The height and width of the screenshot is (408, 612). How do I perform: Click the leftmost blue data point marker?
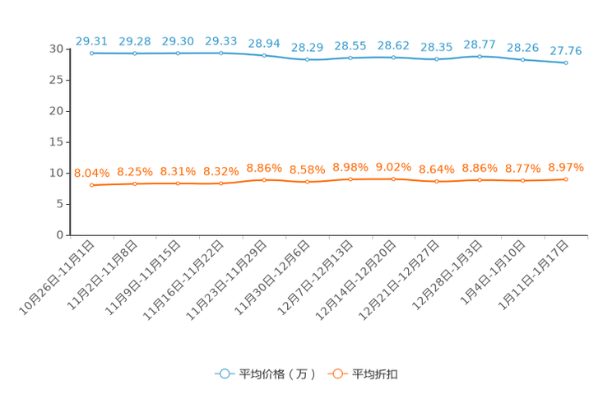[x=92, y=53]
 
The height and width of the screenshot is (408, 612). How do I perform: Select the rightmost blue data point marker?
[x=566, y=63]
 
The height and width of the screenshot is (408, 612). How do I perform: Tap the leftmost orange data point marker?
[x=92, y=185]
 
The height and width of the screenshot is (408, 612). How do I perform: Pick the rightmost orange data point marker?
[x=566, y=179]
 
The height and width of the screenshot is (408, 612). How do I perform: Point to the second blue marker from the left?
[x=135, y=53]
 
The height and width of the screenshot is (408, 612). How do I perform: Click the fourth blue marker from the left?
[x=221, y=53]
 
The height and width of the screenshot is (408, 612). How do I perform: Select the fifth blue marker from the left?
[x=264, y=55]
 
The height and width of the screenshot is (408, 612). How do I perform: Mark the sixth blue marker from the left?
[x=307, y=60]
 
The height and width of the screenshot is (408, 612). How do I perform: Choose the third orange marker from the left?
[x=178, y=183]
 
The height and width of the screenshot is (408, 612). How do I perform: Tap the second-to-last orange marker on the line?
[x=522, y=181]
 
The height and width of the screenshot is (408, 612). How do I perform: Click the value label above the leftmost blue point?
[x=92, y=40]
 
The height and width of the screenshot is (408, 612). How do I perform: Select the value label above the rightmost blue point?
[x=566, y=51]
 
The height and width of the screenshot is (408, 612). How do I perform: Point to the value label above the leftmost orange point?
[x=91, y=173]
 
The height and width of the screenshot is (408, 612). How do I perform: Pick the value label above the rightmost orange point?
[x=566, y=167]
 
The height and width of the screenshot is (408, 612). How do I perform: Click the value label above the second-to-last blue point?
[x=522, y=48]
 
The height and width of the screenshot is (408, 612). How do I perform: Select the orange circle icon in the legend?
[x=336, y=373]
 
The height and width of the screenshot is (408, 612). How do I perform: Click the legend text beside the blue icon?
[x=277, y=374]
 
